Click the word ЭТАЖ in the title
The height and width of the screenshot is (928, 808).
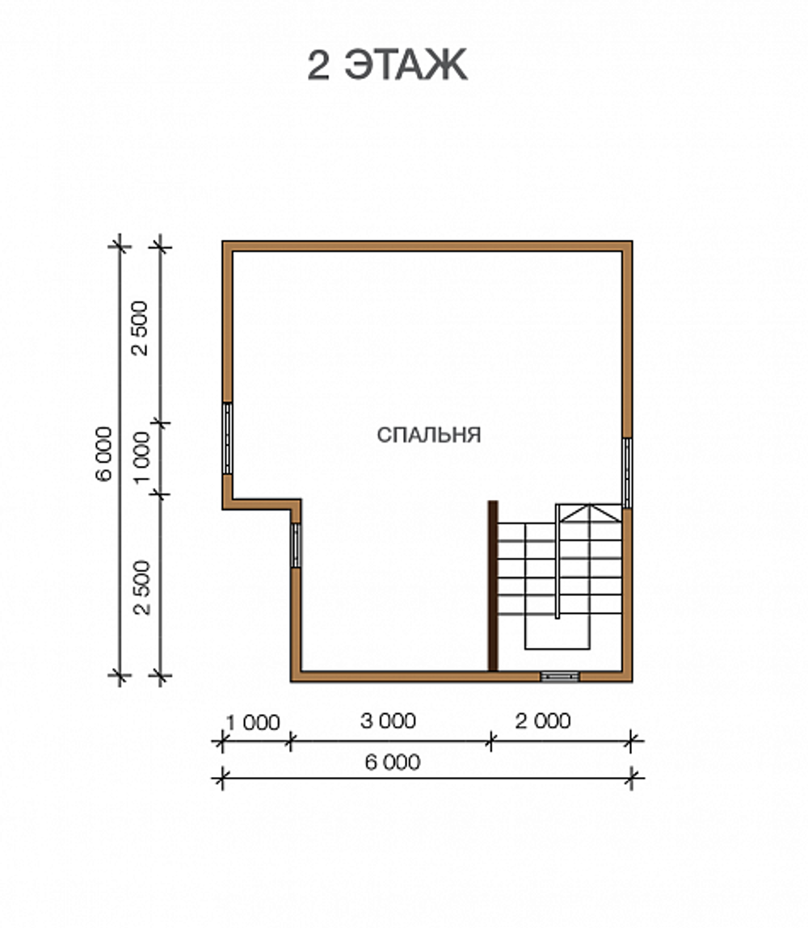point(406,65)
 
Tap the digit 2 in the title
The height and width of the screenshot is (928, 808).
point(318,65)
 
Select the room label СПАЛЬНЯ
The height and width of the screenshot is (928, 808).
point(428,435)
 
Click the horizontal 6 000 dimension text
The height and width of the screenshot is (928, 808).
point(393,762)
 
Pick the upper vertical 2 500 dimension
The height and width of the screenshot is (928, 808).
point(141,328)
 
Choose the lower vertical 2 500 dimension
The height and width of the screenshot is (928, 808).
point(142,588)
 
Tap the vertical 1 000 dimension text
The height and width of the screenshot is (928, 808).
point(142,457)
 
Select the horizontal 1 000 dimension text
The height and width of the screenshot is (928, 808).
point(253,723)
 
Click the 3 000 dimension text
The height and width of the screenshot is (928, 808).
point(389,721)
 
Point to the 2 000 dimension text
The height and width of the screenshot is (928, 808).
point(543,721)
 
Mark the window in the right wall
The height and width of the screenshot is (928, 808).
point(628,472)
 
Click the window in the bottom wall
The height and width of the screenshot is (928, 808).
point(559,677)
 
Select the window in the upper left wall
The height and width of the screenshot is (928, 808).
point(227,439)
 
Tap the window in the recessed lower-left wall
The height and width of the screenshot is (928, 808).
point(296,545)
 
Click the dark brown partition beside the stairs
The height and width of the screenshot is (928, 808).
point(493,586)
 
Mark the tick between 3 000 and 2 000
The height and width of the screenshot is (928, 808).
point(490,741)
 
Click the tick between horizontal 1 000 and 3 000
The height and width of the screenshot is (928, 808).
point(290,741)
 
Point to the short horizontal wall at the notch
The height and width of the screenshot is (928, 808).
point(262,504)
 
